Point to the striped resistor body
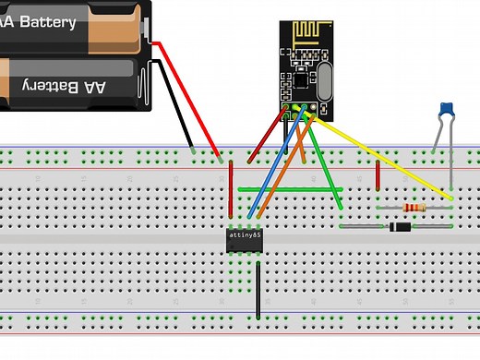coord(414,209)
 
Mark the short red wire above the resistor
coord(378,176)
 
